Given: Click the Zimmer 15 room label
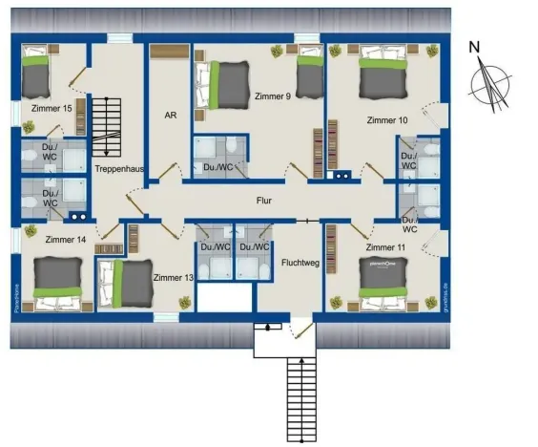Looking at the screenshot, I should (x=52, y=109).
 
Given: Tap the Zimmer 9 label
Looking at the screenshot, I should (x=273, y=96).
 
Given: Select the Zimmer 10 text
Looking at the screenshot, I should (x=387, y=120).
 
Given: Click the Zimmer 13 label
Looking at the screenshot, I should (x=174, y=277).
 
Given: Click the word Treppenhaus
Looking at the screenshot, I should (x=119, y=168).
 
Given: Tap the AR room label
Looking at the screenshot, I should (x=170, y=115).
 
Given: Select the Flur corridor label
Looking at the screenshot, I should (x=265, y=202).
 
